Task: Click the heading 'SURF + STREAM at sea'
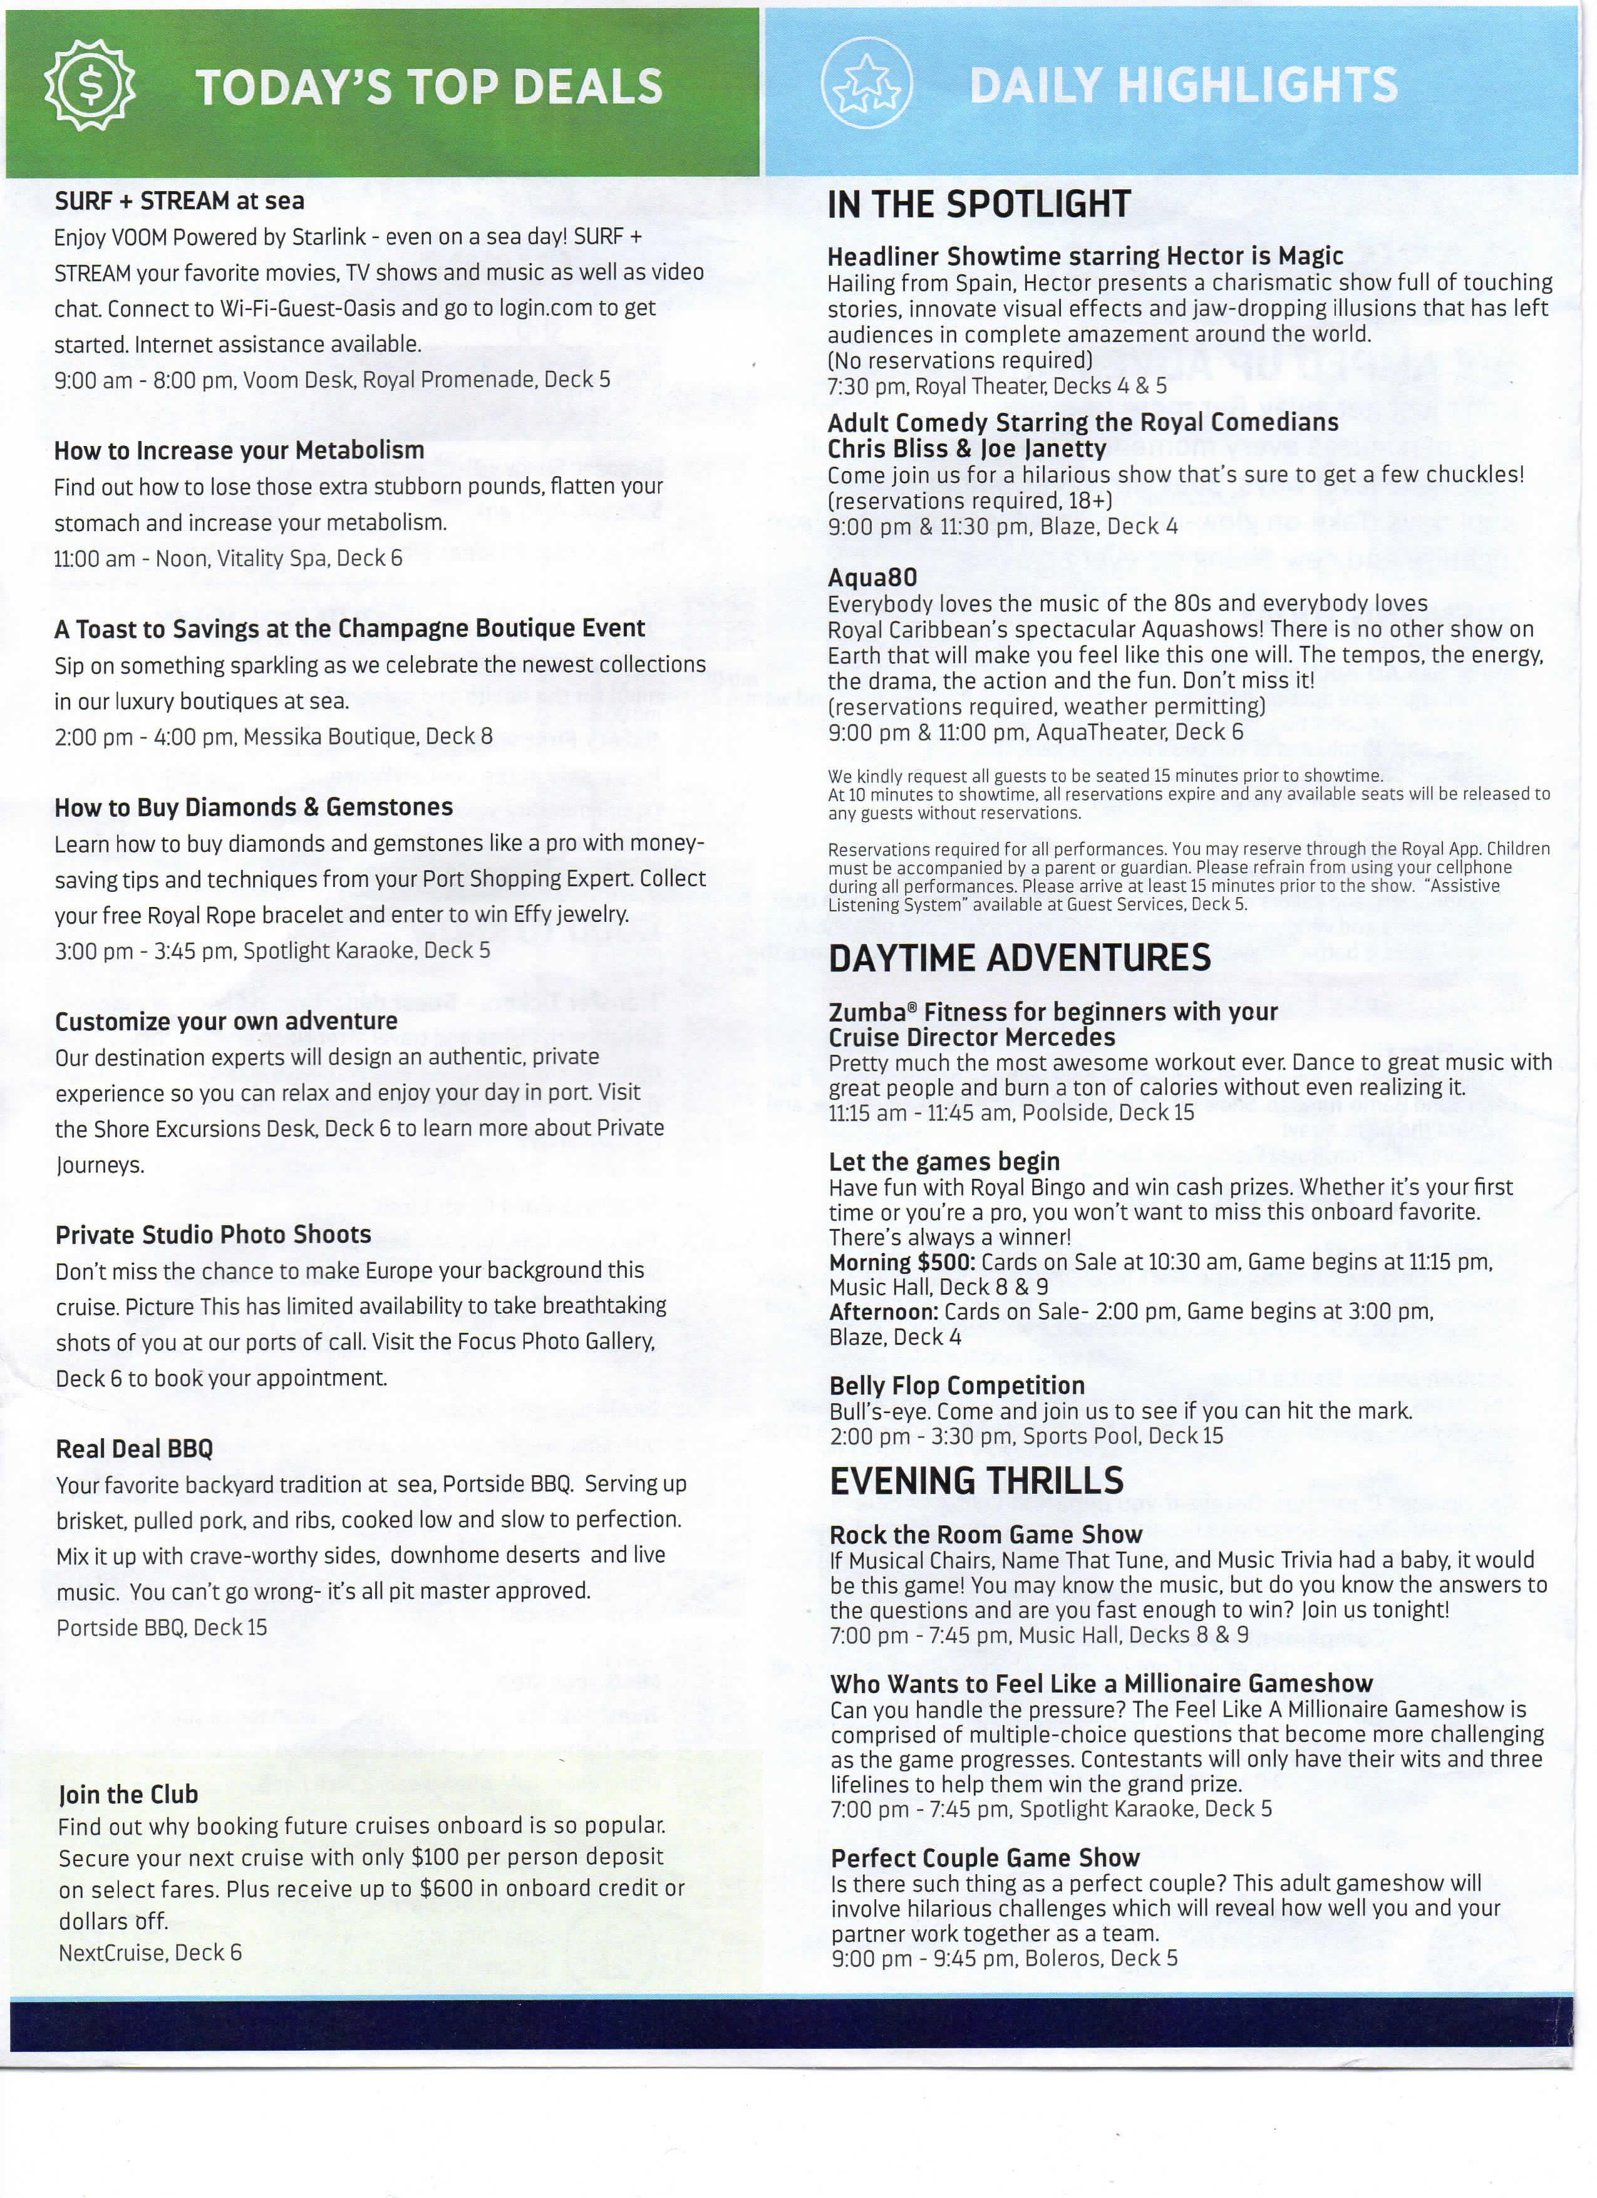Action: [179, 202]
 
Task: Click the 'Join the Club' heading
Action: [128, 1795]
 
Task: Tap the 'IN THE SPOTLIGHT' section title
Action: [979, 204]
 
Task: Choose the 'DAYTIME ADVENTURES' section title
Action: [1020, 958]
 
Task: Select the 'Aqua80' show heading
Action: [872, 578]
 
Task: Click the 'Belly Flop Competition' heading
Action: [956, 1386]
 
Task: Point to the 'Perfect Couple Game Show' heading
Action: [985, 1858]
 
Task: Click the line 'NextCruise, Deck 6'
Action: [150, 1953]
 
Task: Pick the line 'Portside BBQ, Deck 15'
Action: [161, 1627]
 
